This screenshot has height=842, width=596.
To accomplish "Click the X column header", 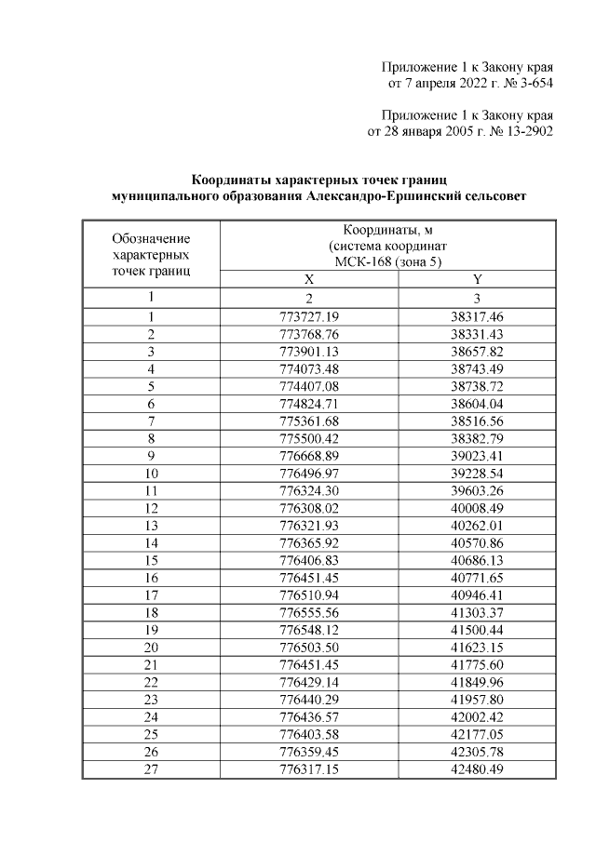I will click(x=309, y=279).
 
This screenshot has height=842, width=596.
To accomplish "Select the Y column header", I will click(x=477, y=279).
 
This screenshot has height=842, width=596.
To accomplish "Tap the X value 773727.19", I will click(x=309, y=316).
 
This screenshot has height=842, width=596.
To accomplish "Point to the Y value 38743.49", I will click(x=477, y=369).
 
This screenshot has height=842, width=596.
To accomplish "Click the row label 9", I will click(x=150, y=457).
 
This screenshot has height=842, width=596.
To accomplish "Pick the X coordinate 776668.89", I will click(x=309, y=457).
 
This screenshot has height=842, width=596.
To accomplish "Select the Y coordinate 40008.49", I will click(x=477, y=510).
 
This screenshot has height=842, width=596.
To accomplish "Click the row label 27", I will click(x=150, y=769).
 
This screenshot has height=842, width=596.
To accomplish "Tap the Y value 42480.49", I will click(x=477, y=769).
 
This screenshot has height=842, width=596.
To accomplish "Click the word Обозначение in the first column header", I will click(x=150, y=238).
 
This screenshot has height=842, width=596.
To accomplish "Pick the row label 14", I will click(x=150, y=544).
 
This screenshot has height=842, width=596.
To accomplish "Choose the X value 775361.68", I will click(x=309, y=421).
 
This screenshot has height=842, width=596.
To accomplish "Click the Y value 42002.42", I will click(x=477, y=717).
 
